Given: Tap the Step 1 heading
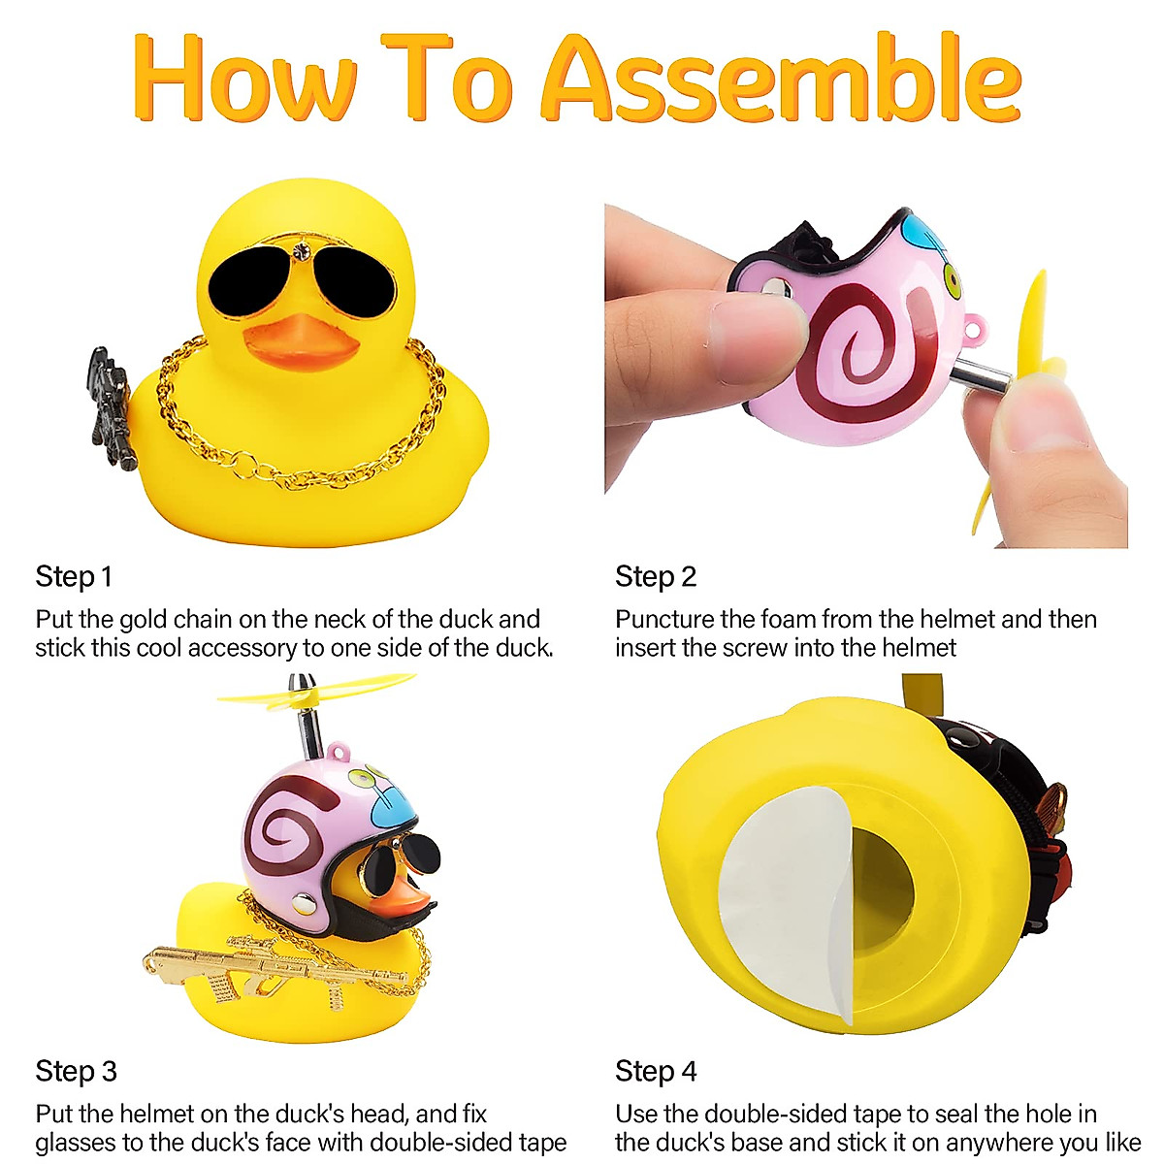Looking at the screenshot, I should pos(74,577).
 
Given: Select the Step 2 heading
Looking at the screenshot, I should pos(656,577).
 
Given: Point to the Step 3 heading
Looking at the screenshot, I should pos(76,1072).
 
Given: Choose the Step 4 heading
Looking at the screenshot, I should pos(656,1072).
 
